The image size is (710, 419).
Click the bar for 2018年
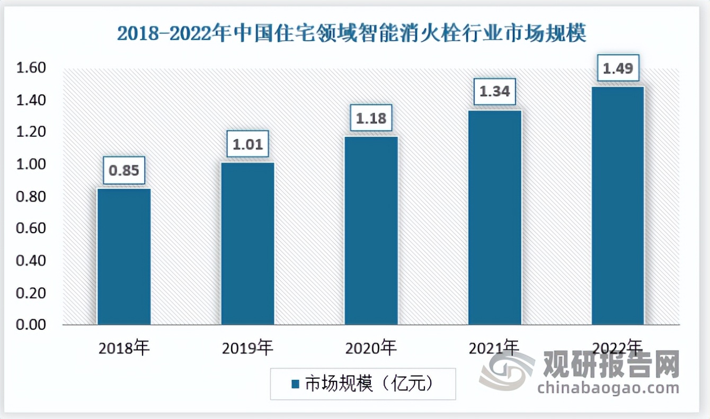coord(124,257)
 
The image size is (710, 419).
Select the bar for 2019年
coord(248,243)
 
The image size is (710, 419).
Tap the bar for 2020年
coord(371,231)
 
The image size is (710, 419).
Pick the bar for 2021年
coord(495,217)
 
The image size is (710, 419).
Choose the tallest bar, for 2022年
coord(618,206)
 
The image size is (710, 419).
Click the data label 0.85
coord(125,170)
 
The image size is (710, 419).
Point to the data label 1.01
coord(248,144)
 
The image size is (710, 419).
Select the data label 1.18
coord(371,118)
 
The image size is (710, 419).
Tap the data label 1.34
coord(495,92)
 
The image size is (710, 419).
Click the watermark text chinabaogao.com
coord(608,388)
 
